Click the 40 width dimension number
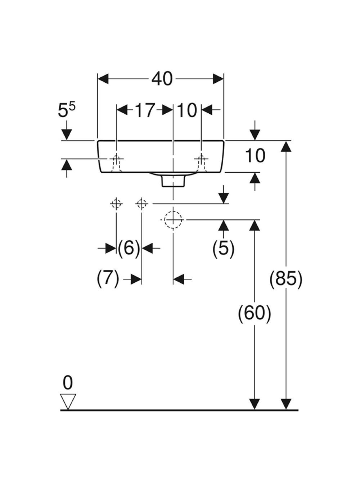click(x=162, y=79)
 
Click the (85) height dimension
click(x=286, y=279)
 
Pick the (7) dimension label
click(x=108, y=279)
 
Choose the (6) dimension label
click(x=129, y=248)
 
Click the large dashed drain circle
click(x=173, y=219)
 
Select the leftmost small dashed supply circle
click(x=116, y=204)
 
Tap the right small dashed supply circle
click(x=141, y=204)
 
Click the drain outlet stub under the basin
click(x=173, y=182)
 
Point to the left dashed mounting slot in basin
click(x=116, y=163)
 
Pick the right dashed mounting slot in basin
click(x=202, y=163)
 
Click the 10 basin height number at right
click(x=255, y=155)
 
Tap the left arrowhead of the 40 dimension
click(x=103, y=79)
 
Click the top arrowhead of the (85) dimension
click(x=286, y=146)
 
